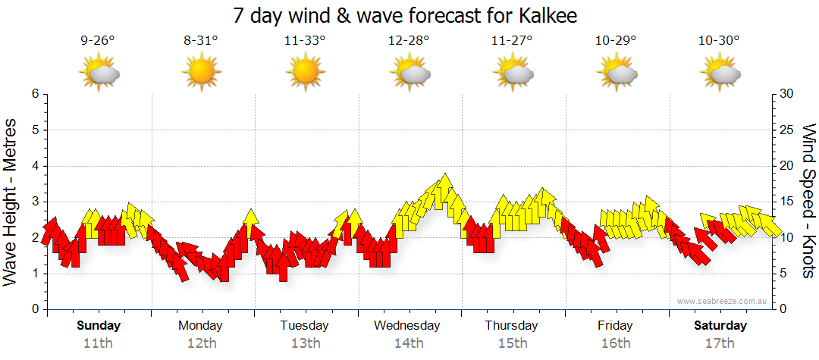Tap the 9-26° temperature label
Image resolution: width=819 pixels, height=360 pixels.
point(98,41)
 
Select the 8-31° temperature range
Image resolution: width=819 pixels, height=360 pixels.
point(201,41)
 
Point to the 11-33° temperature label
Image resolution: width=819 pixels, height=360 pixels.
point(305,41)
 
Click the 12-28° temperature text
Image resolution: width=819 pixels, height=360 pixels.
point(409,41)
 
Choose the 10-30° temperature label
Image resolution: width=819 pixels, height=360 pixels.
point(720,41)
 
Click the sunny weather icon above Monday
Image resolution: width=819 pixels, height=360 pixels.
point(201,73)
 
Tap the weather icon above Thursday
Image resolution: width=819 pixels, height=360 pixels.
point(513,73)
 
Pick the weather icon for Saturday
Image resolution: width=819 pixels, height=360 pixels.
point(720,73)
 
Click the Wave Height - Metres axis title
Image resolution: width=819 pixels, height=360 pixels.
point(11,202)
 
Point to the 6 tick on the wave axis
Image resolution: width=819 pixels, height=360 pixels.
point(35,94)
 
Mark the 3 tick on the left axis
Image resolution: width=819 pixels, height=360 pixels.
point(35,202)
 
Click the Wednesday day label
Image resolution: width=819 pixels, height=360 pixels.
point(407,326)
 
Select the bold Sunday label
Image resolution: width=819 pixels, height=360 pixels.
point(98,326)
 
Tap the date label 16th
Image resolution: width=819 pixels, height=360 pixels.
point(615,343)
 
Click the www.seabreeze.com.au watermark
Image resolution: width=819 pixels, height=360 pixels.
point(723,302)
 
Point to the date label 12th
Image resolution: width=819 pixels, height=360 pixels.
point(201,343)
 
